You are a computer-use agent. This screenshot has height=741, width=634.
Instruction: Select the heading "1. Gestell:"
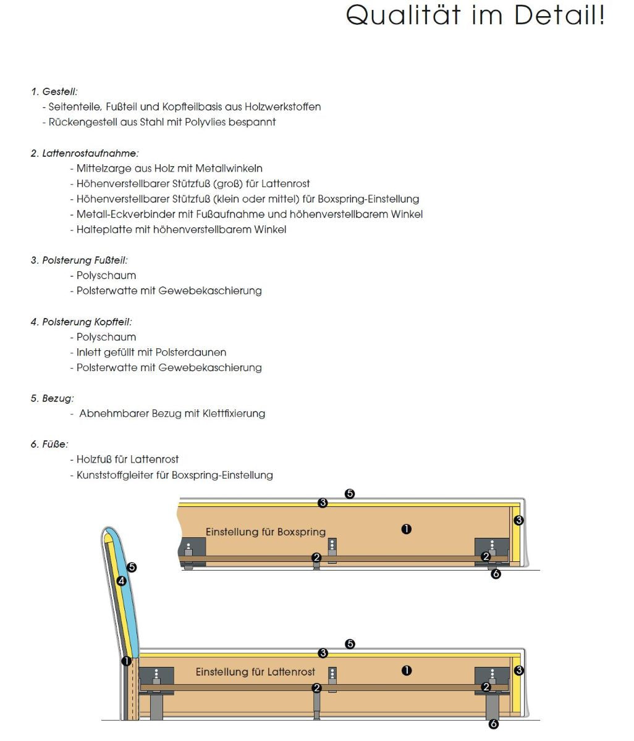54,91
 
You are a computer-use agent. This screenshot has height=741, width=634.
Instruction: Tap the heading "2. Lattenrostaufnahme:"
85,153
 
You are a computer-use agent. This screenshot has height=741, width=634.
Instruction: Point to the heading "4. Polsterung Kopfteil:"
81,322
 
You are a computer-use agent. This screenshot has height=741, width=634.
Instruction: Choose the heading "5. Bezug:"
53,398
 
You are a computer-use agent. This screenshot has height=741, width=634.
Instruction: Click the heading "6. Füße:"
49,444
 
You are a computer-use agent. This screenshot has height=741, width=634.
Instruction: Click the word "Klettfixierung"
234,414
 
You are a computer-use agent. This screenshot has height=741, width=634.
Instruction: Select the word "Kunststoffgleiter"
114,475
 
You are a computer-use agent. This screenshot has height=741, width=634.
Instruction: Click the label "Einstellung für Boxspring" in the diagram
265,532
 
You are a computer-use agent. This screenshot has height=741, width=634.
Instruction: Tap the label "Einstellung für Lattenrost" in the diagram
255,672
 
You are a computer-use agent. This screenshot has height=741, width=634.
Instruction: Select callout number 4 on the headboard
121,581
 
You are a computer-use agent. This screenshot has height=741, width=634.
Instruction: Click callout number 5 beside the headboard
131,567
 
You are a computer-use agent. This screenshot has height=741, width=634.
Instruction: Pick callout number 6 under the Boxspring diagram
496,574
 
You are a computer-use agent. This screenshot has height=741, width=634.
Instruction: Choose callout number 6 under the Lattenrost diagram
493,724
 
